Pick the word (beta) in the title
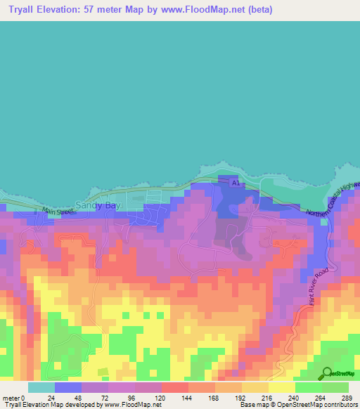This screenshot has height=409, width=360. [x=257, y=10]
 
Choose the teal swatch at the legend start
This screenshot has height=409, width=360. [x=41, y=387]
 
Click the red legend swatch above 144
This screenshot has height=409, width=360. [x=174, y=387]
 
